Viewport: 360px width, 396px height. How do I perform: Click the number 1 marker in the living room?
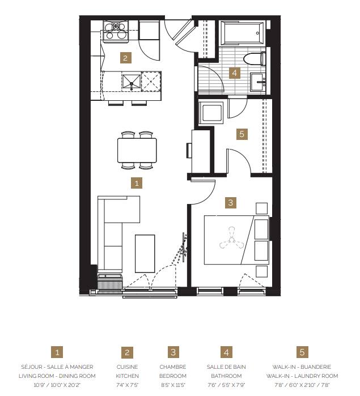pos(136,182)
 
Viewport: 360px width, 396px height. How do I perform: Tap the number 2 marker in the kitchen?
pos(126,57)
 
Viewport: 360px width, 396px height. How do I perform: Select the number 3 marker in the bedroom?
pos(230,202)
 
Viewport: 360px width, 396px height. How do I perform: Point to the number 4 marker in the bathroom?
pos(234,73)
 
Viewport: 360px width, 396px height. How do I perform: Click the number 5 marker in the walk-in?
pos(242,134)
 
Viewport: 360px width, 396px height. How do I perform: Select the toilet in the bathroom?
pos(256,58)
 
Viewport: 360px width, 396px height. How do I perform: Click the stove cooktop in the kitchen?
pos(117,30)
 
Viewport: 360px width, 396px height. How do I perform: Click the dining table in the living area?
pos(137,150)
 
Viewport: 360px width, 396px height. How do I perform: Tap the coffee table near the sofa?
pos(145,252)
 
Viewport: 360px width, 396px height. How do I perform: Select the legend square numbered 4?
pos(227,352)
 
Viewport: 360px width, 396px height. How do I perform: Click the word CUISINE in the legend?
pos(128,367)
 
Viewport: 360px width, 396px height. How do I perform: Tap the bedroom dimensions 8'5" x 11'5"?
pos(172,384)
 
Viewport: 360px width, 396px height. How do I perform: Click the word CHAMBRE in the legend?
pos(172,367)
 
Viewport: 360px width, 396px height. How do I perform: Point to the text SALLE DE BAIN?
pos(227,367)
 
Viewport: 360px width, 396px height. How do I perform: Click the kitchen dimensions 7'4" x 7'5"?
pos(128,384)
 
